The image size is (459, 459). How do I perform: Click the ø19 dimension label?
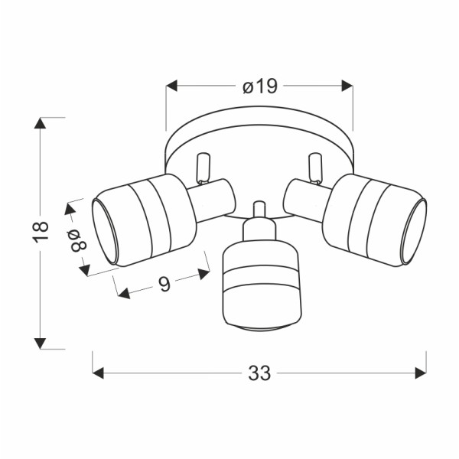259,86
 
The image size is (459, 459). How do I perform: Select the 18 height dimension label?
41,232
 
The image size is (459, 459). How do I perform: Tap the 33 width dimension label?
259,373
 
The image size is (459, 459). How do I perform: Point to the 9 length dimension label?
164,284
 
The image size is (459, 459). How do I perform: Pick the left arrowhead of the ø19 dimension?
171,86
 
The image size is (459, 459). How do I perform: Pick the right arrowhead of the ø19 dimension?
347,86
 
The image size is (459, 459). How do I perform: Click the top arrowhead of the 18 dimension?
40,123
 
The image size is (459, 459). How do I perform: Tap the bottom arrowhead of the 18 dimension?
40,343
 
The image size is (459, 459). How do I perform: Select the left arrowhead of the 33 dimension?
98,373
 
